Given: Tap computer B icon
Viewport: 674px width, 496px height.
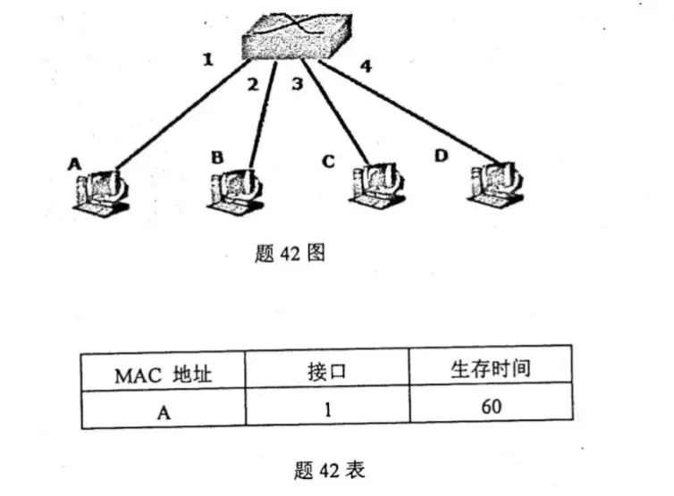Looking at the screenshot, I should pyautogui.click(x=236, y=189).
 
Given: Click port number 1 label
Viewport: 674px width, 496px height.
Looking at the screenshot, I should pyautogui.click(x=207, y=61).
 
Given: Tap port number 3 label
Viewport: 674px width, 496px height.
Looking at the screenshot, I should pyautogui.click(x=299, y=85).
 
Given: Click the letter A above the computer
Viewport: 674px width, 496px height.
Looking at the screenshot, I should pyautogui.click(x=73, y=164).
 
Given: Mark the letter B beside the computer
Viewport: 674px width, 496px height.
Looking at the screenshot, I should pyautogui.click(x=216, y=157).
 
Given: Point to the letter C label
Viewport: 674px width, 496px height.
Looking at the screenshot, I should pyautogui.click(x=329, y=162).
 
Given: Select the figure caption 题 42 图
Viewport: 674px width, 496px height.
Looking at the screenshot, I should pyautogui.click(x=289, y=253).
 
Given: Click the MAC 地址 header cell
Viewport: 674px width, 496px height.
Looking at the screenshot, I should pyautogui.click(x=164, y=372).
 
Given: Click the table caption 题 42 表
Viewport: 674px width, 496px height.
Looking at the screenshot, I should pyautogui.click(x=329, y=467).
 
